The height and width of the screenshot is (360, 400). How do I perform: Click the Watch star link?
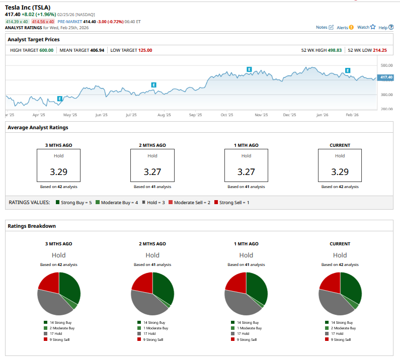(366, 27)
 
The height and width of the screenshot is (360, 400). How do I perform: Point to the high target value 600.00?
(46, 50)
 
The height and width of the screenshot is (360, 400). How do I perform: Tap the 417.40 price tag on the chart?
(386, 77)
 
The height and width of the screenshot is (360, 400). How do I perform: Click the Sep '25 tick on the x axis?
(195, 115)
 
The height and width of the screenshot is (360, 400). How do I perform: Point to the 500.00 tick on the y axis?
(386, 65)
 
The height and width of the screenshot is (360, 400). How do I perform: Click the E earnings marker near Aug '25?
(154, 85)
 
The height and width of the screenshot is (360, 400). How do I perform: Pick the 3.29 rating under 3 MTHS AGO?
(58, 171)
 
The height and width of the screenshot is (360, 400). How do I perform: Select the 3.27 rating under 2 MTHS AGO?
(152, 171)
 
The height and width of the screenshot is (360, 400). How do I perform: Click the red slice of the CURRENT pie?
(330, 283)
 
